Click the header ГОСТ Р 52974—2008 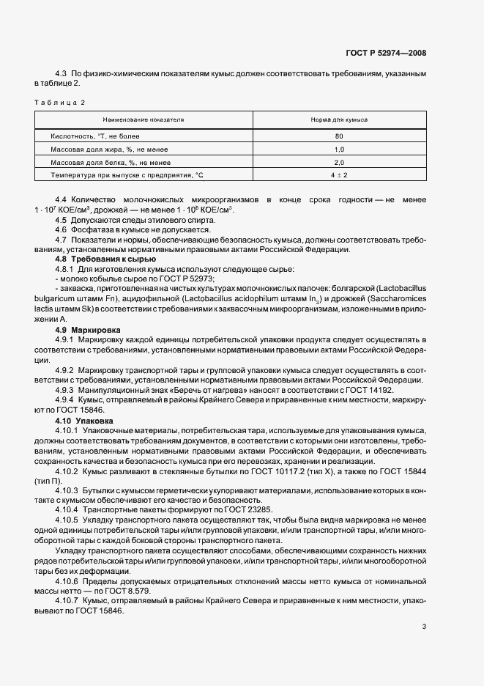pyautogui.click(x=386, y=53)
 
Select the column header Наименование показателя pyautogui.click(x=143, y=119)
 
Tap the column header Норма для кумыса pyautogui.click(x=338, y=119)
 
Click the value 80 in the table pyautogui.click(x=338, y=136)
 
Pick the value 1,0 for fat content pyautogui.click(x=338, y=150)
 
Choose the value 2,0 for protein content pyautogui.click(x=338, y=162)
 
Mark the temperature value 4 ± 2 pyautogui.click(x=338, y=175)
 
